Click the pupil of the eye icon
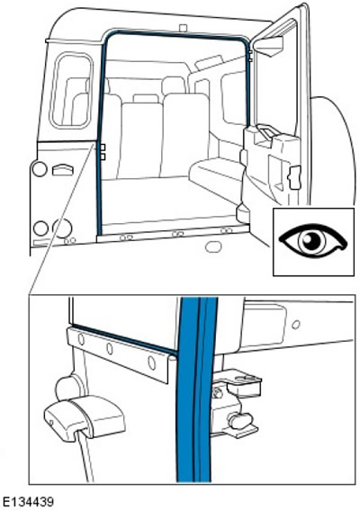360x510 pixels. point(311,240)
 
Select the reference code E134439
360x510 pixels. point(27,502)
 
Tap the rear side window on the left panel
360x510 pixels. point(71,91)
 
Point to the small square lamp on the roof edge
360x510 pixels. point(184,28)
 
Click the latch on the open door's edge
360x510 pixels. point(293,177)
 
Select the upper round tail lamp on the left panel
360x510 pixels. point(40,170)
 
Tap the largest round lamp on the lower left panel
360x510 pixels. point(62,228)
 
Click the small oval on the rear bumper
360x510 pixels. point(213,246)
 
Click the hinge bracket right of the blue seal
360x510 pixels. point(235,404)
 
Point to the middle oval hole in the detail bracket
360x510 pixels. point(110,349)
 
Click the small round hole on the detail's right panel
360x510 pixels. point(296,325)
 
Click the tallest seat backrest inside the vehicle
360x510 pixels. point(184,135)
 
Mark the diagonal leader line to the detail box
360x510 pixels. point(62,219)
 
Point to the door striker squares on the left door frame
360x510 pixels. point(103,152)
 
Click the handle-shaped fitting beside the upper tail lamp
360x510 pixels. point(63,170)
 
